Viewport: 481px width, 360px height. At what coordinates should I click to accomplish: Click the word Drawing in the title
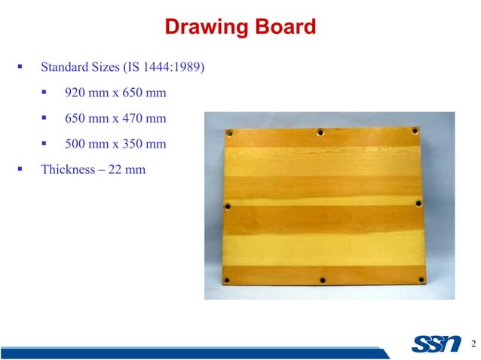pyautogui.click(x=199, y=29)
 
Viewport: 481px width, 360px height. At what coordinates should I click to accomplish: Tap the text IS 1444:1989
pyautogui.click(x=164, y=69)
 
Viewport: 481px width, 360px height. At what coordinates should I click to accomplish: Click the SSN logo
pyautogui.click(x=437, y=344)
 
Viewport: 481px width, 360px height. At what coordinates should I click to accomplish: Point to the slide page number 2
pyautogui.click(x=472, y=344)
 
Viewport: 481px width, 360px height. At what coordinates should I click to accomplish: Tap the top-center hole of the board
pyautogui.click(x=320, y=132)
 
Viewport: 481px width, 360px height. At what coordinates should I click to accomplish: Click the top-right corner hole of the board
pyautogui.click(x=415, y=131)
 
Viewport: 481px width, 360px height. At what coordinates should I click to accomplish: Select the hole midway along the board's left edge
pyautogui.click(x=228, y=205)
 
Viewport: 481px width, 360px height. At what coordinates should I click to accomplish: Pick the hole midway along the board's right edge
pyautogui.click(x=419, y=203)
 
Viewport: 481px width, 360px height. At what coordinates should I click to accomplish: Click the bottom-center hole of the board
pyautogui.click(x=323, y=280)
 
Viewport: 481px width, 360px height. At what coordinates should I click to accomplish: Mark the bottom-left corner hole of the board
pyautogui.click(x=228, y=281)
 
